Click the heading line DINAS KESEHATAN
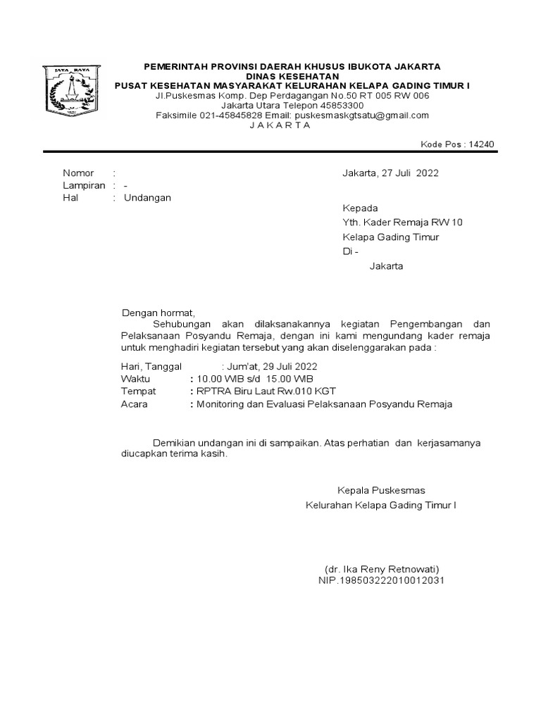292,76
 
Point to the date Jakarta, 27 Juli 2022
390,173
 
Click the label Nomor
78,173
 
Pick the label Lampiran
83,185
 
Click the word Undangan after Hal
147,198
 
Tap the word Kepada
360,208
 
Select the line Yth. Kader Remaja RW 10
402,222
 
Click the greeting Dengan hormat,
157,312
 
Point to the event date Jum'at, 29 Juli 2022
272,366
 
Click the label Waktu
136,379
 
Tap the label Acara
135,404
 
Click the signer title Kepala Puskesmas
381,490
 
